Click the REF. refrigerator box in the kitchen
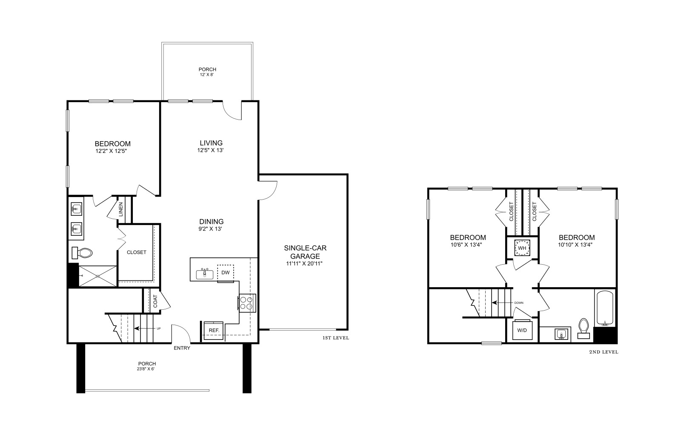tap(213, 331)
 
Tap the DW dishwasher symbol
tap(226, 273)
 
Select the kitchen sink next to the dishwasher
tap(205, 274)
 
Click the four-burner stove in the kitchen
tap(247, 303)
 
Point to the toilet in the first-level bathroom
tap(82, 253)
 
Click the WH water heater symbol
tap(522, 248)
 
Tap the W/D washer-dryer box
tap(522, 330)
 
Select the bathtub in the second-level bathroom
tap(605, 308)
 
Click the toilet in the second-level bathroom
tap(584, 328)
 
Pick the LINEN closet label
tap(121, 209)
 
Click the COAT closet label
tap(155, 301)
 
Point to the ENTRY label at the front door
tap(182, 348)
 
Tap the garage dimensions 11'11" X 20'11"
tap(304, 263)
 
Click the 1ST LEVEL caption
tap(336, 338)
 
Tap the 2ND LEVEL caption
tap(604, 352)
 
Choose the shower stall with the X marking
tap(97, 276)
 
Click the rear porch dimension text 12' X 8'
tap(207, 74)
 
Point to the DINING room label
tap(211, 222)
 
